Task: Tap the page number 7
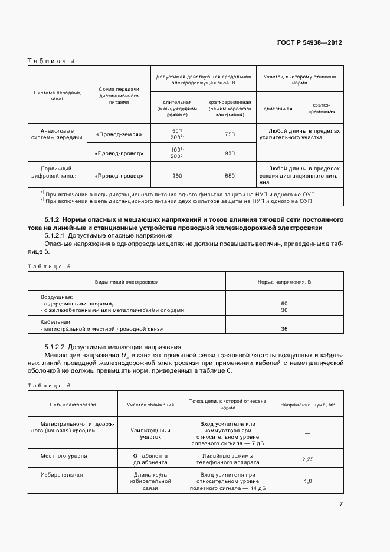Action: (x=340, y=504)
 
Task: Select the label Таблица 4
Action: (x=51, y=61)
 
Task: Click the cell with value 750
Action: (x=230, y=134)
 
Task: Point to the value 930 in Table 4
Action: (x=230, y=153)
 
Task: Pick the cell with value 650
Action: (x=230, y=175)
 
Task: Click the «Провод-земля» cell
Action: (x=119, y=134)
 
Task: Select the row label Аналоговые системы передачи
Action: (x=57, y=134)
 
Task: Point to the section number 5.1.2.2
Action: (x=57, y=347)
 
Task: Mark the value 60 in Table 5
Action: (x=284, y=303)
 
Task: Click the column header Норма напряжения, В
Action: (x=284, y=282)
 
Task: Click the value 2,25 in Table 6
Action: (x=307, y=459)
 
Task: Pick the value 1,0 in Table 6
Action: (x=307, y=481)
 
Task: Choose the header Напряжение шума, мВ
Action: (x=307, y=405)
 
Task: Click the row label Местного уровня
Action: (x=63, y=456)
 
